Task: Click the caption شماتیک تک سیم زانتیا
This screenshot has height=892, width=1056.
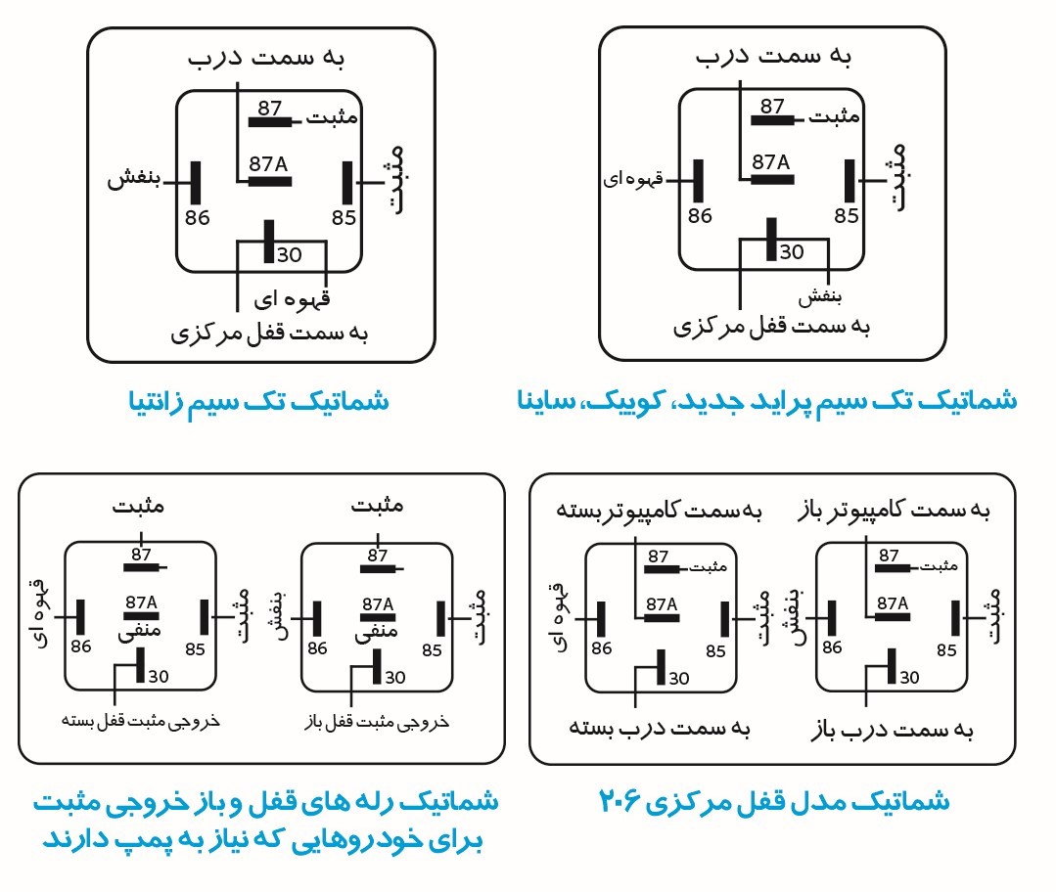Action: coord(258,402)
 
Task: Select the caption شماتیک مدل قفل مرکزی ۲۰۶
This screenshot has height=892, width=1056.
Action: coord(774,801)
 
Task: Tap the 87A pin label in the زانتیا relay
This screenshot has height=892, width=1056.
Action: coord(268,163)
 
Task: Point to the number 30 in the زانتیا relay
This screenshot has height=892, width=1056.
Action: coord(289,254)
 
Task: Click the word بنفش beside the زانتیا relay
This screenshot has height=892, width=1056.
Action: coord(134,178)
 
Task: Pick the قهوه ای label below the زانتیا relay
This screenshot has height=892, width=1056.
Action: coord(292,299)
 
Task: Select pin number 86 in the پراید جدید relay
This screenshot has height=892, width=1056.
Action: coord(700,215)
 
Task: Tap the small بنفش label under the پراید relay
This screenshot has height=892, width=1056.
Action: coord(819,297)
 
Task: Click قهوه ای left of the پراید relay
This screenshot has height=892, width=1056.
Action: coord(633,179)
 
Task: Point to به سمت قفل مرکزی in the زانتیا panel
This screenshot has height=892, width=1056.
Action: coord(269,333)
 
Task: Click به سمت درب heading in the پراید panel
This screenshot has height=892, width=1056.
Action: coord(774,56)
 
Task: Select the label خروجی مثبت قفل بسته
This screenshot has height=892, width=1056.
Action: coord(141,721)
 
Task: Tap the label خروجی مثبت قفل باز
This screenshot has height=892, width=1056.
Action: coord(377,723)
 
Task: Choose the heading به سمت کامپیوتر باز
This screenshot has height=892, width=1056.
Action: coord(894,511)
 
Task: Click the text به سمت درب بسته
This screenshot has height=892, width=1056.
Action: coord(660,728)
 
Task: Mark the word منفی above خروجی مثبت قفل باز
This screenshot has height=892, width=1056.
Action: coord(376,630)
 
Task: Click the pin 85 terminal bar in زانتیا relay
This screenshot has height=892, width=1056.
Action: coord(347,183)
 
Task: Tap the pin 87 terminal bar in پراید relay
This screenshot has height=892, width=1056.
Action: coord(772,120)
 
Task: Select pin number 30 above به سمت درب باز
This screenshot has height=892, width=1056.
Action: coord(909,677)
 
